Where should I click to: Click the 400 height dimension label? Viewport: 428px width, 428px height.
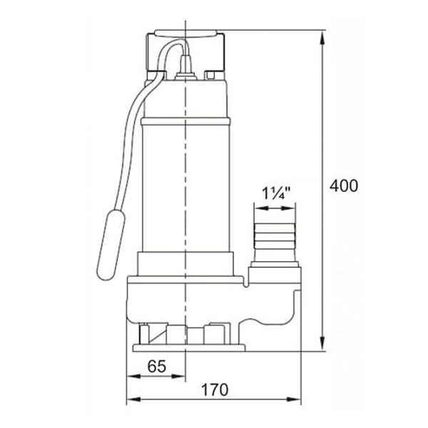click(x=343, y=186)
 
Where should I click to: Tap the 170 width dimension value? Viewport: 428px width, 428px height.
click(x=215, y=389)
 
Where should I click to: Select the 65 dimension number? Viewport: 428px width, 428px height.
click(x=157, y=367)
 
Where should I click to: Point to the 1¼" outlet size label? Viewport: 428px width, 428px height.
click(x=276, y=193)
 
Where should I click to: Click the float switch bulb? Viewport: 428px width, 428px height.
click(x=111, y=245)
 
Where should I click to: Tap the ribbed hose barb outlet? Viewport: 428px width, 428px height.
click(x=275, y=236)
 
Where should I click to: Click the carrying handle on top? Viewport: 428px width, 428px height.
click(x=185, y=34)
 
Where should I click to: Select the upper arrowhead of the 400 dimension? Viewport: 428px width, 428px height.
click(x=322, y=37)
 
